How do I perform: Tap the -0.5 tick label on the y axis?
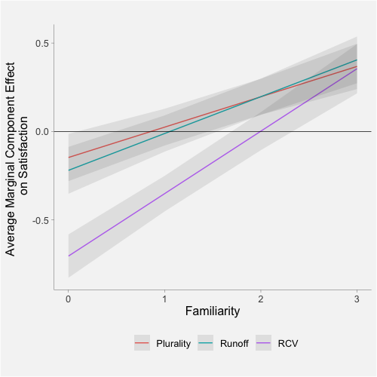39,220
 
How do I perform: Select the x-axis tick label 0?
68,299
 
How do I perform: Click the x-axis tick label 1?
164,299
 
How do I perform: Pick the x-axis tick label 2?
260,299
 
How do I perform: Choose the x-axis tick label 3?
356,299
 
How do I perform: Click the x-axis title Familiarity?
212,311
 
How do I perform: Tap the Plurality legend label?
173,344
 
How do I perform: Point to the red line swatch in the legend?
143,344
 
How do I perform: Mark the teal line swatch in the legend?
206,344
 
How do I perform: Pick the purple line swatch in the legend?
265,344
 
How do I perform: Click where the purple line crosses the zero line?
260,132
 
